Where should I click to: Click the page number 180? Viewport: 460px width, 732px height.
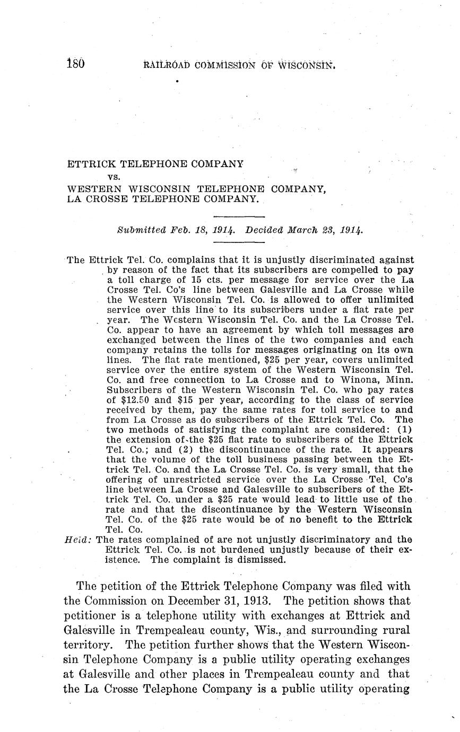[x=76, y=65]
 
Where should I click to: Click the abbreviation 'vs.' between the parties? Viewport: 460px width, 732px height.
[x=114, y=177]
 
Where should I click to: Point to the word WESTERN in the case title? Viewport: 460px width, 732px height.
[x=91, y=189]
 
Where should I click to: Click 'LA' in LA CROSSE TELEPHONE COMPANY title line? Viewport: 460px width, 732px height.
[x=74, y=199]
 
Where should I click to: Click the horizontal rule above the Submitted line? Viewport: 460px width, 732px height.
[x=238, y=216]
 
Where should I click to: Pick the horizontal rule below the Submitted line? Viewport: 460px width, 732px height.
[x=238, y=243]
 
